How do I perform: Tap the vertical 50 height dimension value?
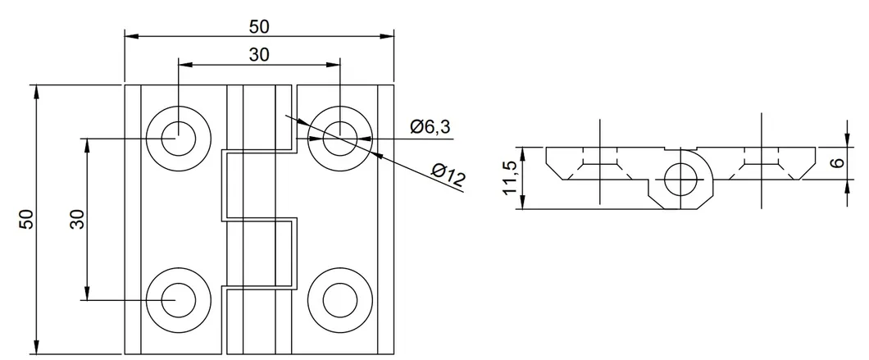(x=26, y=219)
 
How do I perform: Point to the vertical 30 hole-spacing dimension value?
(x=77, y=219)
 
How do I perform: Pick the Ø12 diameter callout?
(x=448, y=175)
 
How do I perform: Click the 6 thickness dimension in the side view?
(x=836, y=162)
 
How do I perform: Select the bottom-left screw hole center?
(x=177, y=300)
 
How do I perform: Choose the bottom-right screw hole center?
(x=339, y=300)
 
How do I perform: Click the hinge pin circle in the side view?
(x=680, y=180)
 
